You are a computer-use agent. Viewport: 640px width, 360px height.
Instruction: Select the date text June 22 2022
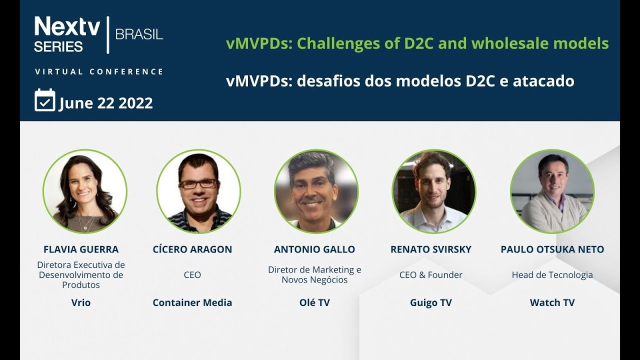(106, 103)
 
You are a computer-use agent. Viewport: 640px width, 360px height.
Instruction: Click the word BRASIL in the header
(139, 34)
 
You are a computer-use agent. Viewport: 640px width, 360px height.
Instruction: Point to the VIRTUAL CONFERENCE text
(99, 71)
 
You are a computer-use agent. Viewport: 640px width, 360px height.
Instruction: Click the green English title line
(417, 44)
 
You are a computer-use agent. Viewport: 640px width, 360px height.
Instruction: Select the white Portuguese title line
(400, 81)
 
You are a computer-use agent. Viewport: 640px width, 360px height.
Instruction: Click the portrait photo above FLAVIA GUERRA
(85, 191)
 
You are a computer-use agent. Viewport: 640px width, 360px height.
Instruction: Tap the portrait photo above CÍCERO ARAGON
(198, 191)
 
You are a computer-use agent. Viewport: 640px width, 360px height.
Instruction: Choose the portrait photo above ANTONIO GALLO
(316, 191)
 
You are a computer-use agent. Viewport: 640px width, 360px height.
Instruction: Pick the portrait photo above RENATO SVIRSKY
(433, 191)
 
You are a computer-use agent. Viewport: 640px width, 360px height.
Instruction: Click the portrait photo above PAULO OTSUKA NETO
(552, 191)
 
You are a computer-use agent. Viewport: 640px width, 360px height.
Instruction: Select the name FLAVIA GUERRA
(81, 249)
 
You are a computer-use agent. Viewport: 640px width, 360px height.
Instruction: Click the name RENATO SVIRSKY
(430, 249)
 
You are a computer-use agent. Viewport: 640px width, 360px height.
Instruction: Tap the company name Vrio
(81, 302)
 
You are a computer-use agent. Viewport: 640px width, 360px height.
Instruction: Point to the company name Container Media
(192, 302)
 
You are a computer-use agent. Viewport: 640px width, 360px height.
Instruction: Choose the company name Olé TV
(314, 302)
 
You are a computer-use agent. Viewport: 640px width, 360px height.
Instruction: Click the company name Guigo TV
(430, 302)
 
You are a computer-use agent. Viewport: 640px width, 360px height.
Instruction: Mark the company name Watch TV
(552, 302)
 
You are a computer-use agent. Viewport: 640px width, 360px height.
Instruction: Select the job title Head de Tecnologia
(552, 274)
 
